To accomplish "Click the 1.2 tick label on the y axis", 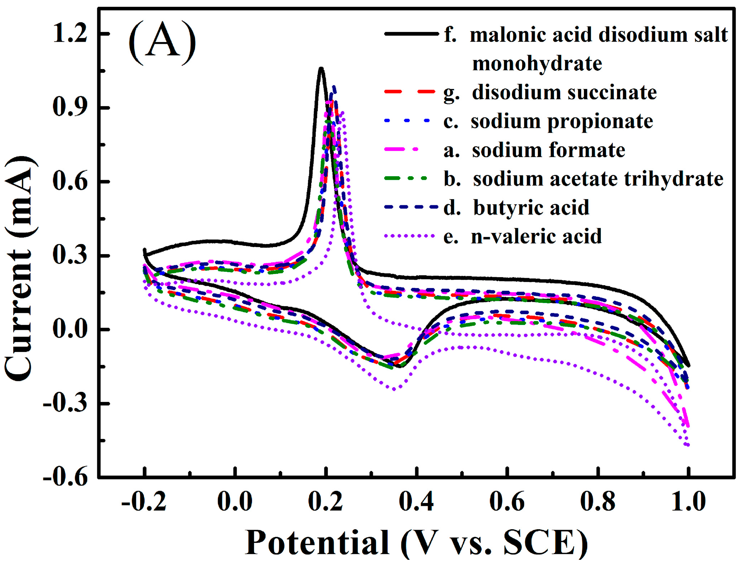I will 70,34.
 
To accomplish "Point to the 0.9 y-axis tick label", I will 70,108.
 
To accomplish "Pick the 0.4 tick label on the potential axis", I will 416,502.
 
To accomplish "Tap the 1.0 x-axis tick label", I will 688,502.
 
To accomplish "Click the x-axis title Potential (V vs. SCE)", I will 416,543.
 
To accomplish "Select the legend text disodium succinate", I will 564,92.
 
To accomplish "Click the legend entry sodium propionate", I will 562,121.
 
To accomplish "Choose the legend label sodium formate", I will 548,150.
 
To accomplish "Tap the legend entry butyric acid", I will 531,207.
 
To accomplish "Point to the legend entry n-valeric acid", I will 536,236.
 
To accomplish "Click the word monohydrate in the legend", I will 537,64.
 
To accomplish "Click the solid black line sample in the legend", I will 411,34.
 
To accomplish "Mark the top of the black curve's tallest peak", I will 321,68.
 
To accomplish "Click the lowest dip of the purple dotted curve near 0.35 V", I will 394,389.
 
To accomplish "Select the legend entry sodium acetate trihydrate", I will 598,179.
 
